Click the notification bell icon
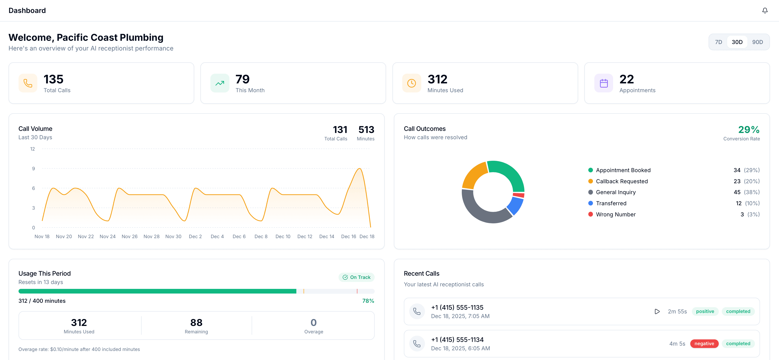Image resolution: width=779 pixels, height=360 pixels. (x=765, y=11)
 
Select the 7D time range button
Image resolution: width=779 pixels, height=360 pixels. (x=719, y=42)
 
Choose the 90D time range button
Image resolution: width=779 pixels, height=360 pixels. (x=757, y=42)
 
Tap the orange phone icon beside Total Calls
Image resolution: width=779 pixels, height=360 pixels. (x=28, y=83)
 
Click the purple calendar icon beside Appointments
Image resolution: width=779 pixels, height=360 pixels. (x=604, y=83)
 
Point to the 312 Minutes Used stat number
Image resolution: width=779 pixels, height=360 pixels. (x=437, y=79)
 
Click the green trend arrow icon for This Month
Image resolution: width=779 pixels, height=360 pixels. (x=220, y=83)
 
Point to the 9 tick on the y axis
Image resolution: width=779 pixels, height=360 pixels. (x=34, y=169)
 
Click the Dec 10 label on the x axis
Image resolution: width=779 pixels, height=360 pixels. (x=283, y=236)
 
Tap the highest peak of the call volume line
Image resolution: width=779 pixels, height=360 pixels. (x=360, y=169)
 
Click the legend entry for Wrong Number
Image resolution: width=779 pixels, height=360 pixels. (x=615, y=214)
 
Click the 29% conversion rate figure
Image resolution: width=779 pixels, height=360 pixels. (x=748, y=130)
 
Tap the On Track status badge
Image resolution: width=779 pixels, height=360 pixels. (x=357, y=277)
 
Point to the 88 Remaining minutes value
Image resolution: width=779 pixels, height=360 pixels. (x=196, y=322)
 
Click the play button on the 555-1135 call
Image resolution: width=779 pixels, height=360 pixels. (x=657, y=311)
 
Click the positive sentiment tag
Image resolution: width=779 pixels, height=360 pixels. (x=705, y=311)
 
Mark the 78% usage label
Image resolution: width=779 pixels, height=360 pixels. (x=368, y=301)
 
